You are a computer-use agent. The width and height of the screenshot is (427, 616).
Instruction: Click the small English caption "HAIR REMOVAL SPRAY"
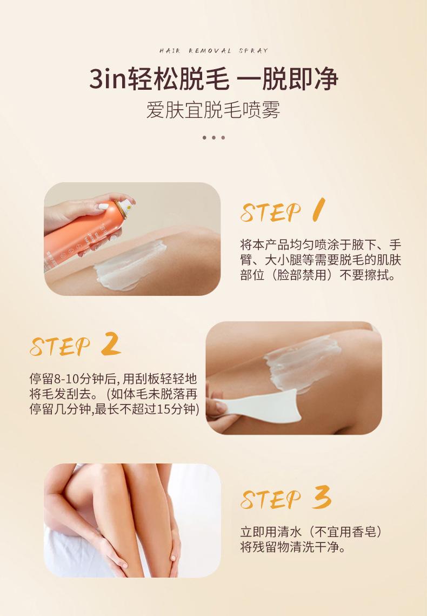coord(214,51)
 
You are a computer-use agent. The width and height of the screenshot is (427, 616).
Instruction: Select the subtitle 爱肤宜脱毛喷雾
coord(213,110)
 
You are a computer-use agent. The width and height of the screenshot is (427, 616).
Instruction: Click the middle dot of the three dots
coord(213,137)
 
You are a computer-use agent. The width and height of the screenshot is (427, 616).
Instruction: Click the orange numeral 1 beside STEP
coord(319,210)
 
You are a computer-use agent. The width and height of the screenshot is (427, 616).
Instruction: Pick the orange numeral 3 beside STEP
coord(322,498)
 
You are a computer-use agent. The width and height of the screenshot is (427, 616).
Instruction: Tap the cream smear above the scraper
coord(302,363)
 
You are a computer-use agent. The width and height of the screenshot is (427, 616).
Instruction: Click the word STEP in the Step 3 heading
coord(271,499)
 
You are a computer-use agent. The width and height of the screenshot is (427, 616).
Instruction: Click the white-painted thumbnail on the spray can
coord(103,206)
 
